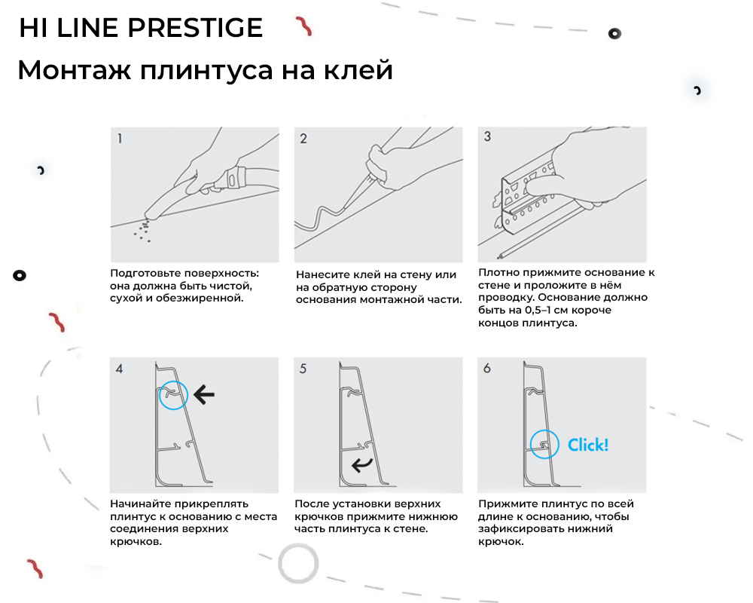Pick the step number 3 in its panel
point(487,137)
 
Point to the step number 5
point(303,369)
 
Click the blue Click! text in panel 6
point(587,445)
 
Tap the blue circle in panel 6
point(544,445)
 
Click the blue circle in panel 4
point(174,394)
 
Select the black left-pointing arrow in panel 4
point(203,393)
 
